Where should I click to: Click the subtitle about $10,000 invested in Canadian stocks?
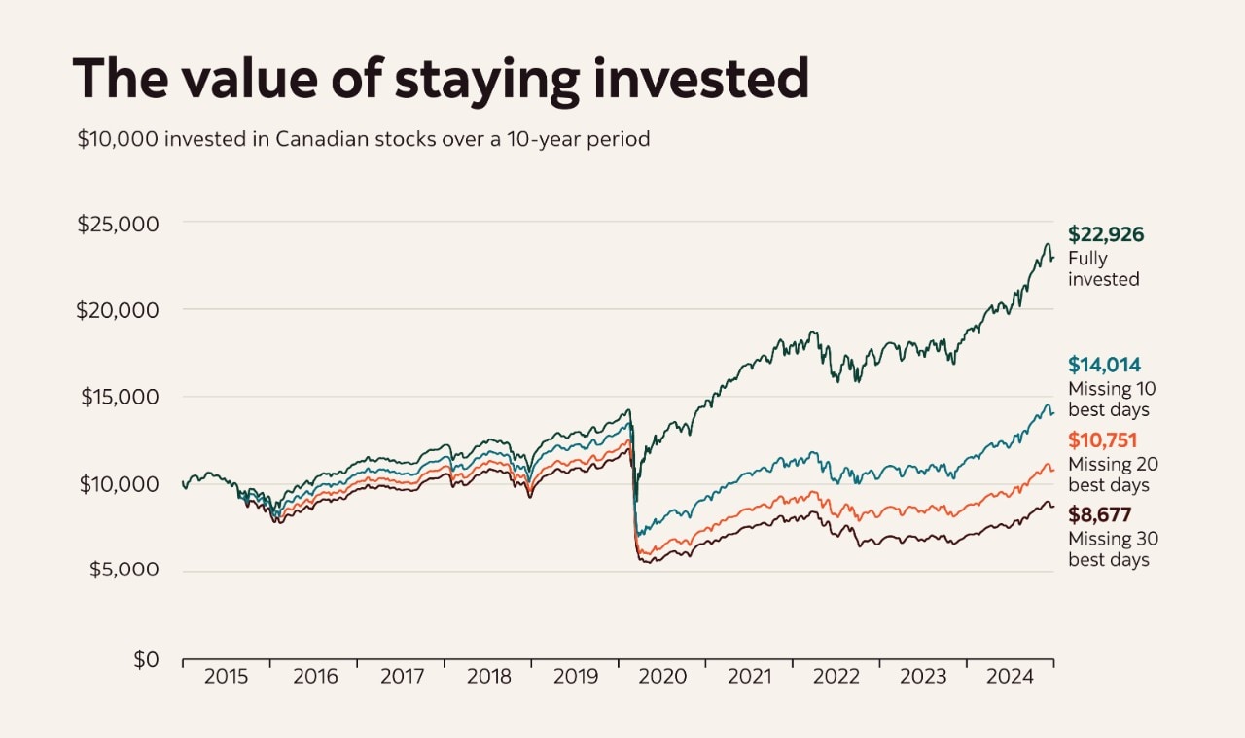tap(364, 139)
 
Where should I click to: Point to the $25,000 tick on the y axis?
tap(118, 224)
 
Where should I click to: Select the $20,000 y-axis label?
tap(118, 310)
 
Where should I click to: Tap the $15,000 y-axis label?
tap(118, 397)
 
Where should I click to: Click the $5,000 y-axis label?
tap(123, 570)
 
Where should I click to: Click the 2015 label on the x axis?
tap(226, 677)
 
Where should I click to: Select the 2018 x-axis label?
tap(487, 677)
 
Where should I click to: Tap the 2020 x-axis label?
tap(662, 677)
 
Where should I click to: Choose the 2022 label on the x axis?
tap(836, 677)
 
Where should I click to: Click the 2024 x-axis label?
tap(1011, 677)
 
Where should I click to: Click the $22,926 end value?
tap(1106, 234)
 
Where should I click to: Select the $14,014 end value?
tap(1105, 365)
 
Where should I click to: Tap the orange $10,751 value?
tap(1103, 440)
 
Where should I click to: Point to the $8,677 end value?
tap(1100, 515)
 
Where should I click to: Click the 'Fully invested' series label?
tap(1103, 269)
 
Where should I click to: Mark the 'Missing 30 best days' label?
tap(1113, 549)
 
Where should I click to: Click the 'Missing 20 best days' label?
tap(1113, 474)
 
